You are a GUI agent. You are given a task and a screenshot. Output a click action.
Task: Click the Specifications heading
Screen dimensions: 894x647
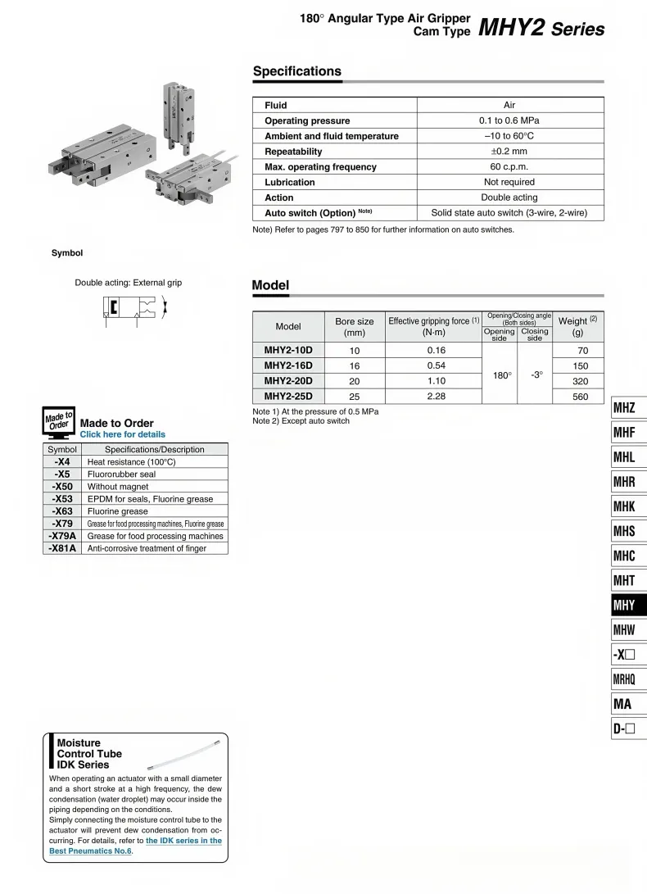[296, 71]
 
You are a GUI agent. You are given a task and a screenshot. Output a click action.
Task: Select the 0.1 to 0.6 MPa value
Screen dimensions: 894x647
[509, 120]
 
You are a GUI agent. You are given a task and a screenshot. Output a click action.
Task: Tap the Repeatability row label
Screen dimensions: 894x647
[293, 152]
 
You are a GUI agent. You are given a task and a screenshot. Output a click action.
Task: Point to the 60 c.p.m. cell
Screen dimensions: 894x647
[509, 167]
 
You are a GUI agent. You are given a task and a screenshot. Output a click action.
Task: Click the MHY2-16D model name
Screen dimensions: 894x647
[288, 365]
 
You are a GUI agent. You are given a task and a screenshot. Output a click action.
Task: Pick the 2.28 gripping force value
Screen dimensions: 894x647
[436, 397]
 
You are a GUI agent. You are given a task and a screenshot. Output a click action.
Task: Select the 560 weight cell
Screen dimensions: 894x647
[581, 397]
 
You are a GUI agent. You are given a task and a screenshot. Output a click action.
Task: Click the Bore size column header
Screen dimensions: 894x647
[355, 327]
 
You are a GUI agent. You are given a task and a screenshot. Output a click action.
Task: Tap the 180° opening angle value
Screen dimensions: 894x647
[502, 374]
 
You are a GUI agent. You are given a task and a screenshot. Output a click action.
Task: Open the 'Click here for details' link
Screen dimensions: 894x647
[123, 434]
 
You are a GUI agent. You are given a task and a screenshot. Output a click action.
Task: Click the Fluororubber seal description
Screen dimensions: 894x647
[121, 474]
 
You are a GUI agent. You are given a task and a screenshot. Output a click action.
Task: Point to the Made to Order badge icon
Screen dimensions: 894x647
[59, 424]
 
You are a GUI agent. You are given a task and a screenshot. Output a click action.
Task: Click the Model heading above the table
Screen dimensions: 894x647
[270, 285]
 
